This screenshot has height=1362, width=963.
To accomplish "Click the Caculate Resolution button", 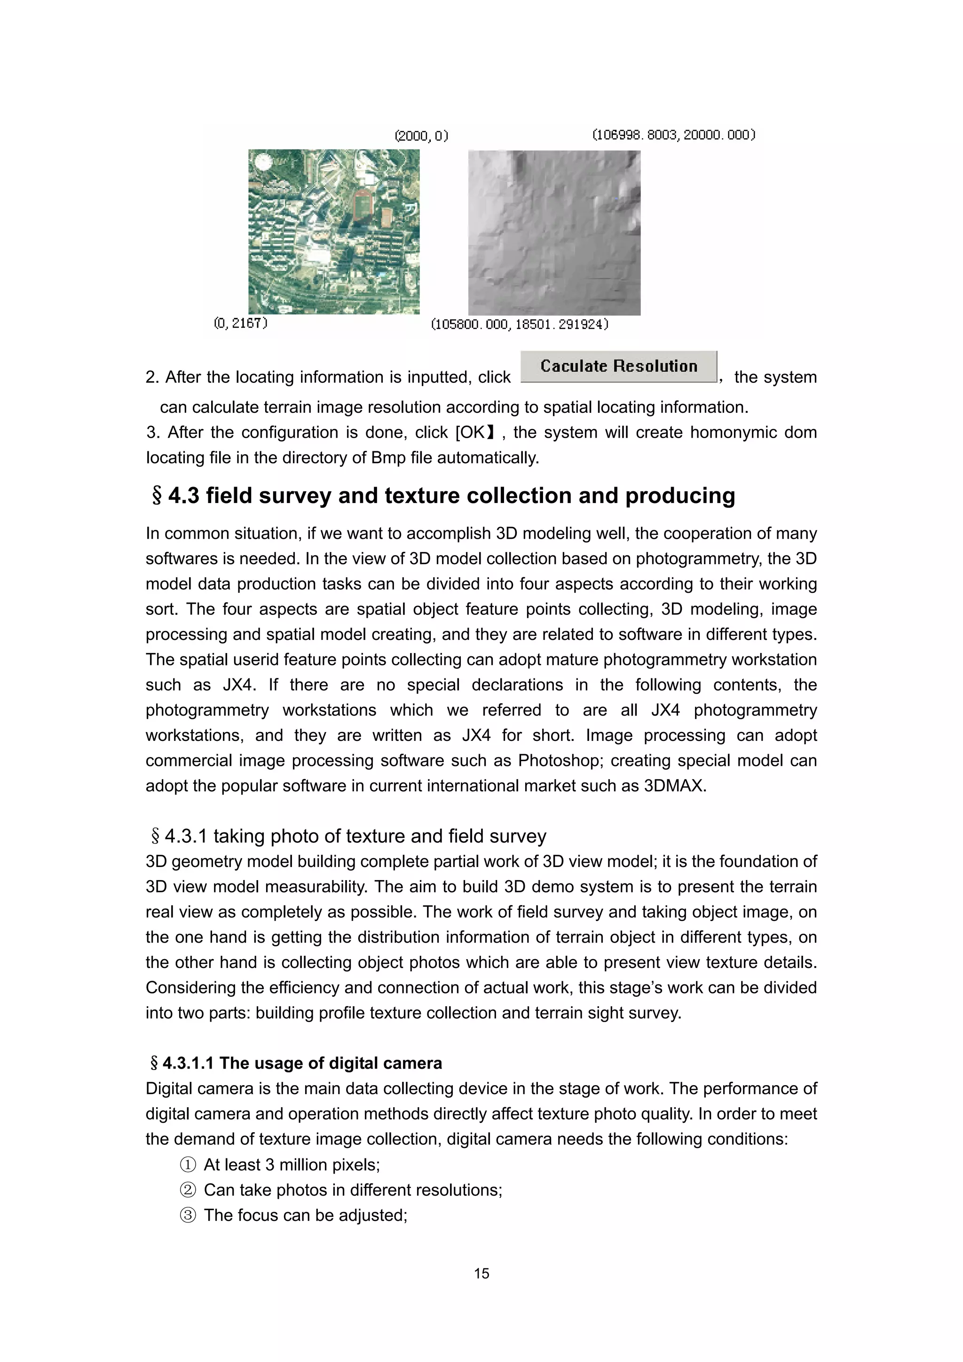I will [618, 367].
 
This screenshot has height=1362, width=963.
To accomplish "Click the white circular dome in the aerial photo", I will [260, 161].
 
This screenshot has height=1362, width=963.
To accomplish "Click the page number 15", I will [481, 1273].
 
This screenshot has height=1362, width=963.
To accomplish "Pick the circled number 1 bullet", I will [188, 1165].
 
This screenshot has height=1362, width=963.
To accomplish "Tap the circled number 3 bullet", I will [188, 1215].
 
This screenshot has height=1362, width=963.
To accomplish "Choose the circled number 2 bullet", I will [188, 1190].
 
